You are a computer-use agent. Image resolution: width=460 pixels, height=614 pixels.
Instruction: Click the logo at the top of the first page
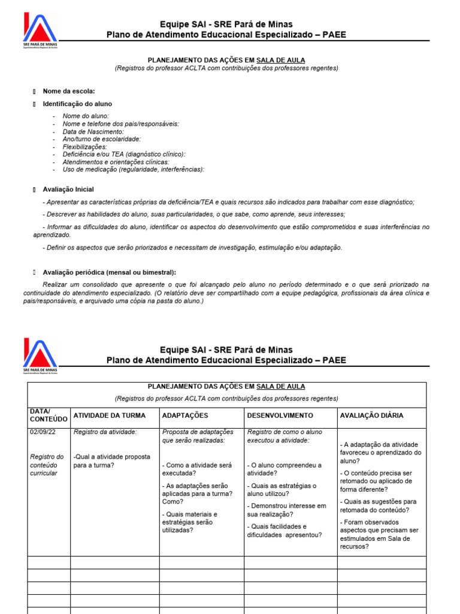click(x=40, y=31)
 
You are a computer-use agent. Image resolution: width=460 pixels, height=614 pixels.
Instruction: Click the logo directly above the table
click(x=40, y=357)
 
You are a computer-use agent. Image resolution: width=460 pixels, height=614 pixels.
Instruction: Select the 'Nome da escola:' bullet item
click(x=69, y=91)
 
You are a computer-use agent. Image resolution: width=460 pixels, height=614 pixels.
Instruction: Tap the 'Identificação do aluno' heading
click(x=77, y=104)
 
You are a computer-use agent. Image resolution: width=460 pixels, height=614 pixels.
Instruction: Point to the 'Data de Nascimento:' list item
click(x=93, y=131)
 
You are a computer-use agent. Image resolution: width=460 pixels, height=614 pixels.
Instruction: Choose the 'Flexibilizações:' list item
click(x=84, y=147)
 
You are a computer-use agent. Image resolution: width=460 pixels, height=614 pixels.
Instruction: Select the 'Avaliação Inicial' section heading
click(x=68, y=189)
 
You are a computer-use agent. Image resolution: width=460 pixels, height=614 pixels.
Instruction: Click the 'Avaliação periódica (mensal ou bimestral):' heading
click(x=109, y=272)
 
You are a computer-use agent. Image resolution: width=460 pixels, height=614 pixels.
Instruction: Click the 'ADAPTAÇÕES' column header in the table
click(x=185, y=416)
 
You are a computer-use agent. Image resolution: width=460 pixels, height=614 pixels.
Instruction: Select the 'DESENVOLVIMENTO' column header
click(x=280, y=416)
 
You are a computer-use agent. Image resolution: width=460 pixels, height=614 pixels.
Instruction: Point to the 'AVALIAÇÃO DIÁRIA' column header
click(x=371, y=416)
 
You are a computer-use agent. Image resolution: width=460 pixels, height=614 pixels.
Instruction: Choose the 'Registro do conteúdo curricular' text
click(x=47, y=465)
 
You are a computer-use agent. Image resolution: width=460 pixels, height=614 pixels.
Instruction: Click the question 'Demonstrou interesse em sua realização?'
click(x=286, y=510)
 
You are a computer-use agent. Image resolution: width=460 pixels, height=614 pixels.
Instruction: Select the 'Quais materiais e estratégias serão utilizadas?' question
click(x=190, y=522)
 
